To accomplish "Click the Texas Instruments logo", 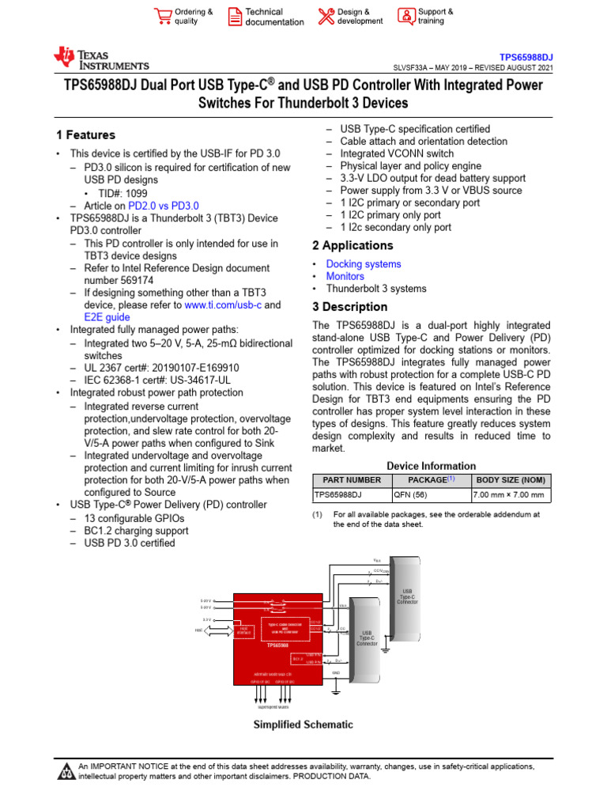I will click(x=100, y=58).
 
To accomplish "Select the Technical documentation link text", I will click(x=273, y=17).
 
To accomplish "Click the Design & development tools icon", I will click(x=326, y=17).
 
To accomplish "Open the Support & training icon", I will click(x=405, y=17).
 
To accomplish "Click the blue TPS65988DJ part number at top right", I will click(x=526, y=57).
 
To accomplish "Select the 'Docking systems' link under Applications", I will click(x=364, y=264).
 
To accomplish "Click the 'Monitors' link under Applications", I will click(x=345, y=276).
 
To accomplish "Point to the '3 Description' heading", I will click(x=349, y=307).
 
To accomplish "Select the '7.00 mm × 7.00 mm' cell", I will click(x=508, y=495).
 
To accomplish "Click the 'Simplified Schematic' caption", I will click(x=303, y=725).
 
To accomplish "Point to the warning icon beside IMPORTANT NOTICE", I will click(x=66, y=771).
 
